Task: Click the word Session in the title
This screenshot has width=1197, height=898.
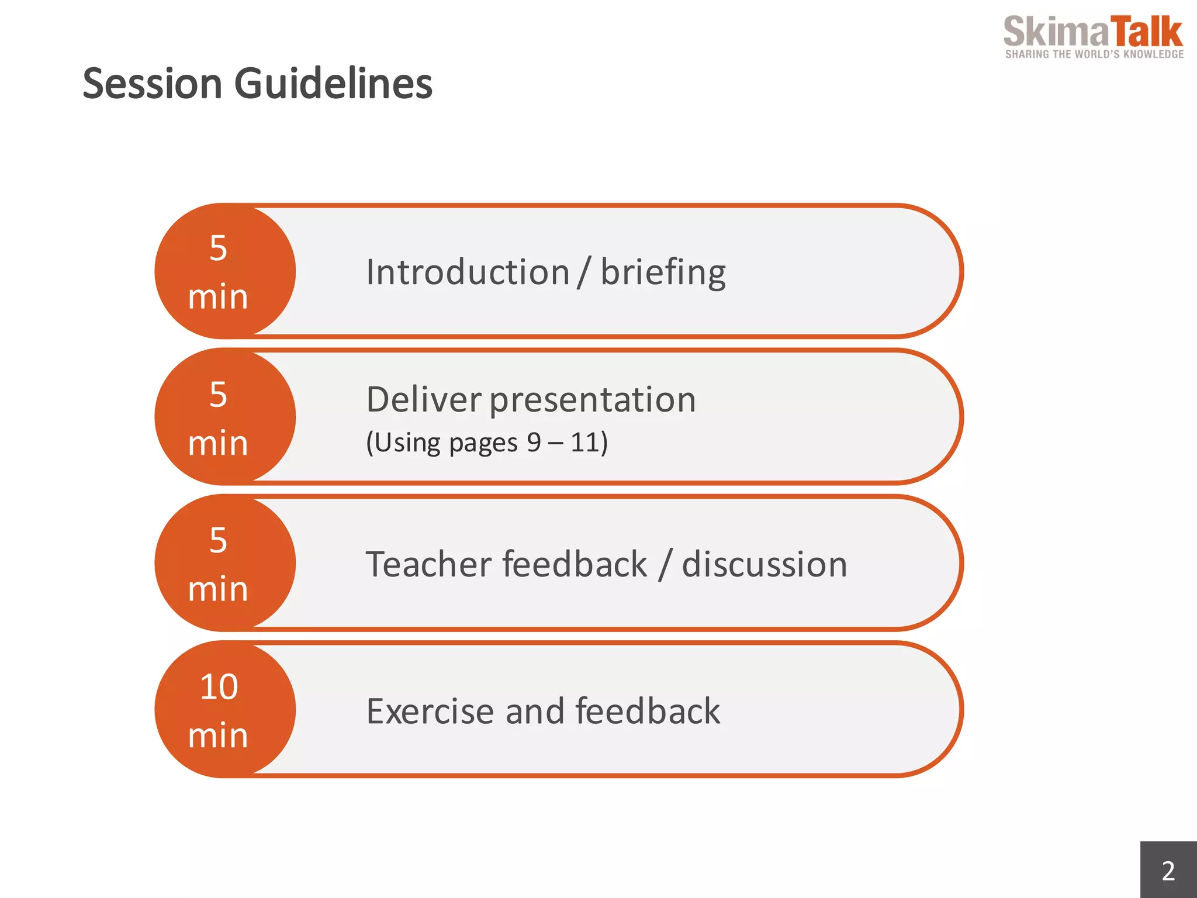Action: [153, 84]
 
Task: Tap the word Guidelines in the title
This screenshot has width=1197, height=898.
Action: [333, 84]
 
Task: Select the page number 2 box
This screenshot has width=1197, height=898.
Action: [1168, 870]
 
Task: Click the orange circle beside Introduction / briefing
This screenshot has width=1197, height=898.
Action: [225, 271]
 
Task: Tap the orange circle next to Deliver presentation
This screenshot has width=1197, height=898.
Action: [225, 417]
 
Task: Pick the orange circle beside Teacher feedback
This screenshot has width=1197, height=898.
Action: [225, 563]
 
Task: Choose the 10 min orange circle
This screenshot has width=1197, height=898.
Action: [225, 709]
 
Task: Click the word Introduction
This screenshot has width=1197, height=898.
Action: [468, 272]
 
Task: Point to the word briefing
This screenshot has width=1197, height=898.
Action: [663, 274]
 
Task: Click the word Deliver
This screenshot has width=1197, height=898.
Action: [424, 400]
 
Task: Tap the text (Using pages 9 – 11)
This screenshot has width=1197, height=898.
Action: [487, 443]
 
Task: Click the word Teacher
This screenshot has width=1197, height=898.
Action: [428, 564]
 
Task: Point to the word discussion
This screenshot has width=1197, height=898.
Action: [764, 564]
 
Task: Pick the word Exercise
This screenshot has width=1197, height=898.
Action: [430, 712]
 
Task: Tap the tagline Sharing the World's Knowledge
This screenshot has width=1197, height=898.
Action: [1094, 54]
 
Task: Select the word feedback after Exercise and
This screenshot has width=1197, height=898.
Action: [648, 711]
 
